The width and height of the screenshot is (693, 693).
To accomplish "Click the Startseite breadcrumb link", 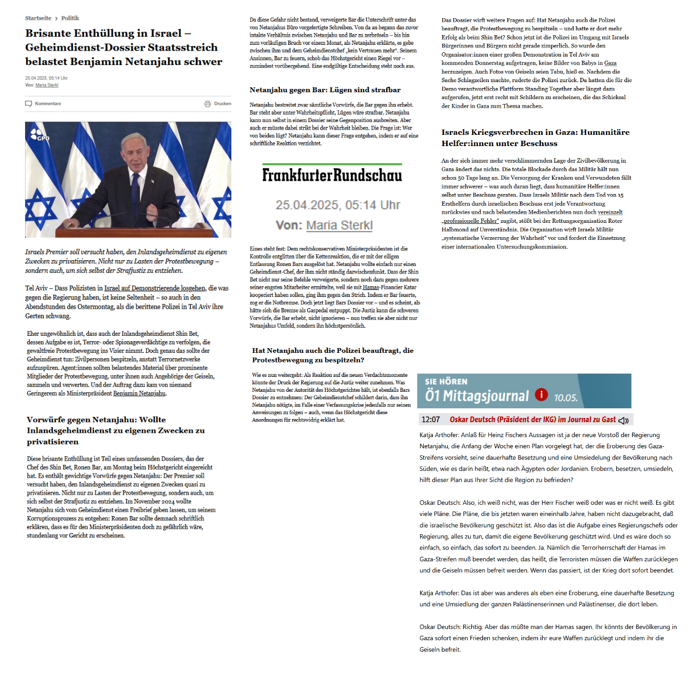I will click(x=38, y=18).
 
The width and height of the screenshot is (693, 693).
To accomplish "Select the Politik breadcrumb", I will click(x=70, y=18).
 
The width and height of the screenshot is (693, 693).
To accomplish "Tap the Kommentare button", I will click(x=43, y=103).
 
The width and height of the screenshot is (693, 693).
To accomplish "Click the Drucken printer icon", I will click(x=207, y=103).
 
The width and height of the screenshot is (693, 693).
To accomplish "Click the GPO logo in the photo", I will click(x=39, y=135).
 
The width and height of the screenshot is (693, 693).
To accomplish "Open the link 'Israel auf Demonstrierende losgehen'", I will click(x=155, y=288).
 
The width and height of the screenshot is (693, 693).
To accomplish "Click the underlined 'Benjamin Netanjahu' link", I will click(x=139, y=393).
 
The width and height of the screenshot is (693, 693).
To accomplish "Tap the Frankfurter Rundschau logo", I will click(x=332, y=175).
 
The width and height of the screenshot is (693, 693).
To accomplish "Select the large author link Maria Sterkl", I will click(x=339, y=225).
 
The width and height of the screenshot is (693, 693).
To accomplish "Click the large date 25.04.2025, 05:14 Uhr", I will click(x=337, y=205).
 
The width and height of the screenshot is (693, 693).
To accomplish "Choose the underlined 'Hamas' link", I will click(x=371, y=287).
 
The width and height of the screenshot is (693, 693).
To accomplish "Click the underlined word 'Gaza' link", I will click(x=610, y=63).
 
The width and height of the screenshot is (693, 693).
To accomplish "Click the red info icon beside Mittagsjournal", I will click(x=541, y=394).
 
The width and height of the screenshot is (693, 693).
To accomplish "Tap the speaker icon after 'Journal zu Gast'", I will click(x=623, y=420).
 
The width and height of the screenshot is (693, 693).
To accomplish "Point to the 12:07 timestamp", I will click(x=431, y=420).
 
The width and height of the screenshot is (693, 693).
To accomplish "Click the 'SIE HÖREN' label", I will click(x=446, y=382).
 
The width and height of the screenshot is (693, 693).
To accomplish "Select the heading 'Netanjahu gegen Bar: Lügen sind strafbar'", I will click(x=325, y=90).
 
